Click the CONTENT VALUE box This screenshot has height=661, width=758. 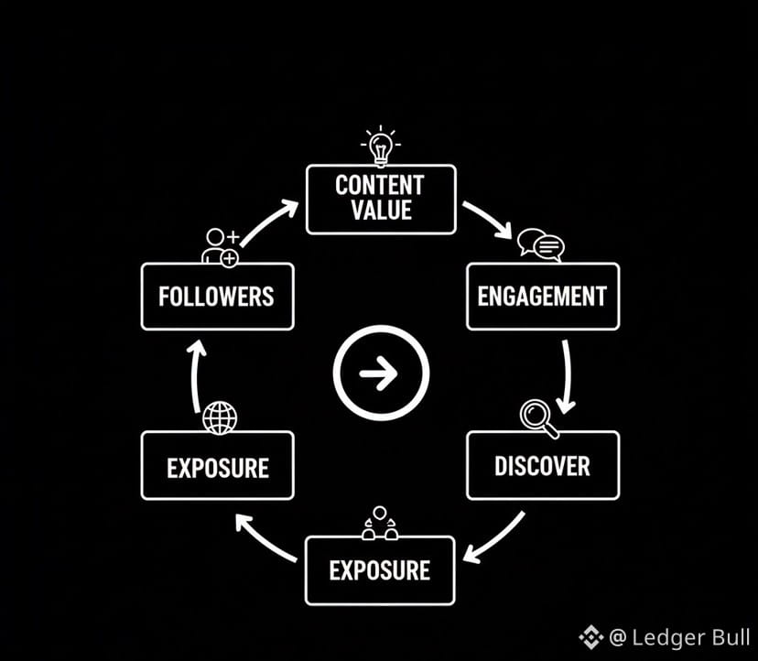(x=380, y=199)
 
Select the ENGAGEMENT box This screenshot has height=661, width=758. (x=542, y=296)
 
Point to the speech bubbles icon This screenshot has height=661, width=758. (x=540, y=244)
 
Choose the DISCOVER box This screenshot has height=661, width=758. (x=542, y=465)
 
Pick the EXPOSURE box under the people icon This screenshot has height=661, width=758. (x=379, y=570)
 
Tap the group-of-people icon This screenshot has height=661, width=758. (x=379, y=522)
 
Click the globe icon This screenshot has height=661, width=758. (x=220, y=417)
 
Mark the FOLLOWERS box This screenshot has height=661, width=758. (x=217, y=296)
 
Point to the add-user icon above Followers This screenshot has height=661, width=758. (x=221, y=246)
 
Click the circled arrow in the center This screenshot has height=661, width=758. (x=381, y=374)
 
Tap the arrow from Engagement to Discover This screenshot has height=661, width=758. (x=568, y=375)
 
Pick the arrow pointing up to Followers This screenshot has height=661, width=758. (x=195, y=375)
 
